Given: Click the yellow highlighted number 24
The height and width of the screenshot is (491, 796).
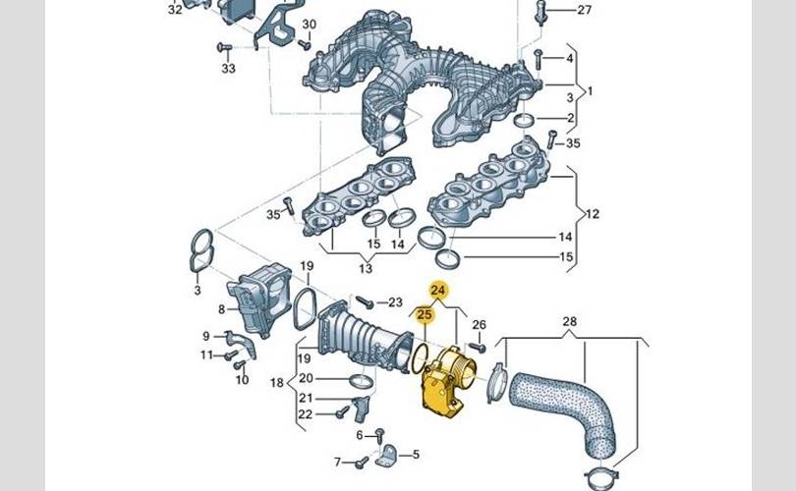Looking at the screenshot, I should tap(438, 291).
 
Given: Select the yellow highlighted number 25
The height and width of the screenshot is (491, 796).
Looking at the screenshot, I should tap(425, 314).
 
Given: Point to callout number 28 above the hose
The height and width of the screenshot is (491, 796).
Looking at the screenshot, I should tap(570, 321).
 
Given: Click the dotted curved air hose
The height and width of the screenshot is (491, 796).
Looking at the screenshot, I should tap(565, 403).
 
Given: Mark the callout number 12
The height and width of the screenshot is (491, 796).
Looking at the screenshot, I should tap(592, 213).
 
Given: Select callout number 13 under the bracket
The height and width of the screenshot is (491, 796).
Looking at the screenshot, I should tap(366, 269).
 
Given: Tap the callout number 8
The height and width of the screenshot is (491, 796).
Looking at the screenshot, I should tap(222, 309).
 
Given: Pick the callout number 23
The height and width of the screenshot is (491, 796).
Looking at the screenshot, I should tap(395, 301).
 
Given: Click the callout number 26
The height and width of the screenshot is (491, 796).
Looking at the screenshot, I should tap(480, 325).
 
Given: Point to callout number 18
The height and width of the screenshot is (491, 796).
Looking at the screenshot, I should tap(276, 382).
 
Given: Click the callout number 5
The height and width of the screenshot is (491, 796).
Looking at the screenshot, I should tap(415, 455).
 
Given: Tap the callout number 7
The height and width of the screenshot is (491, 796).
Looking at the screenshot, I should tap(337, 462).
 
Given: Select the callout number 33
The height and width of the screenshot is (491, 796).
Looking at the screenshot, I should tap(228, 69).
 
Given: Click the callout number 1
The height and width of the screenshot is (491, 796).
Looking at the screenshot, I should tap(591, 91).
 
